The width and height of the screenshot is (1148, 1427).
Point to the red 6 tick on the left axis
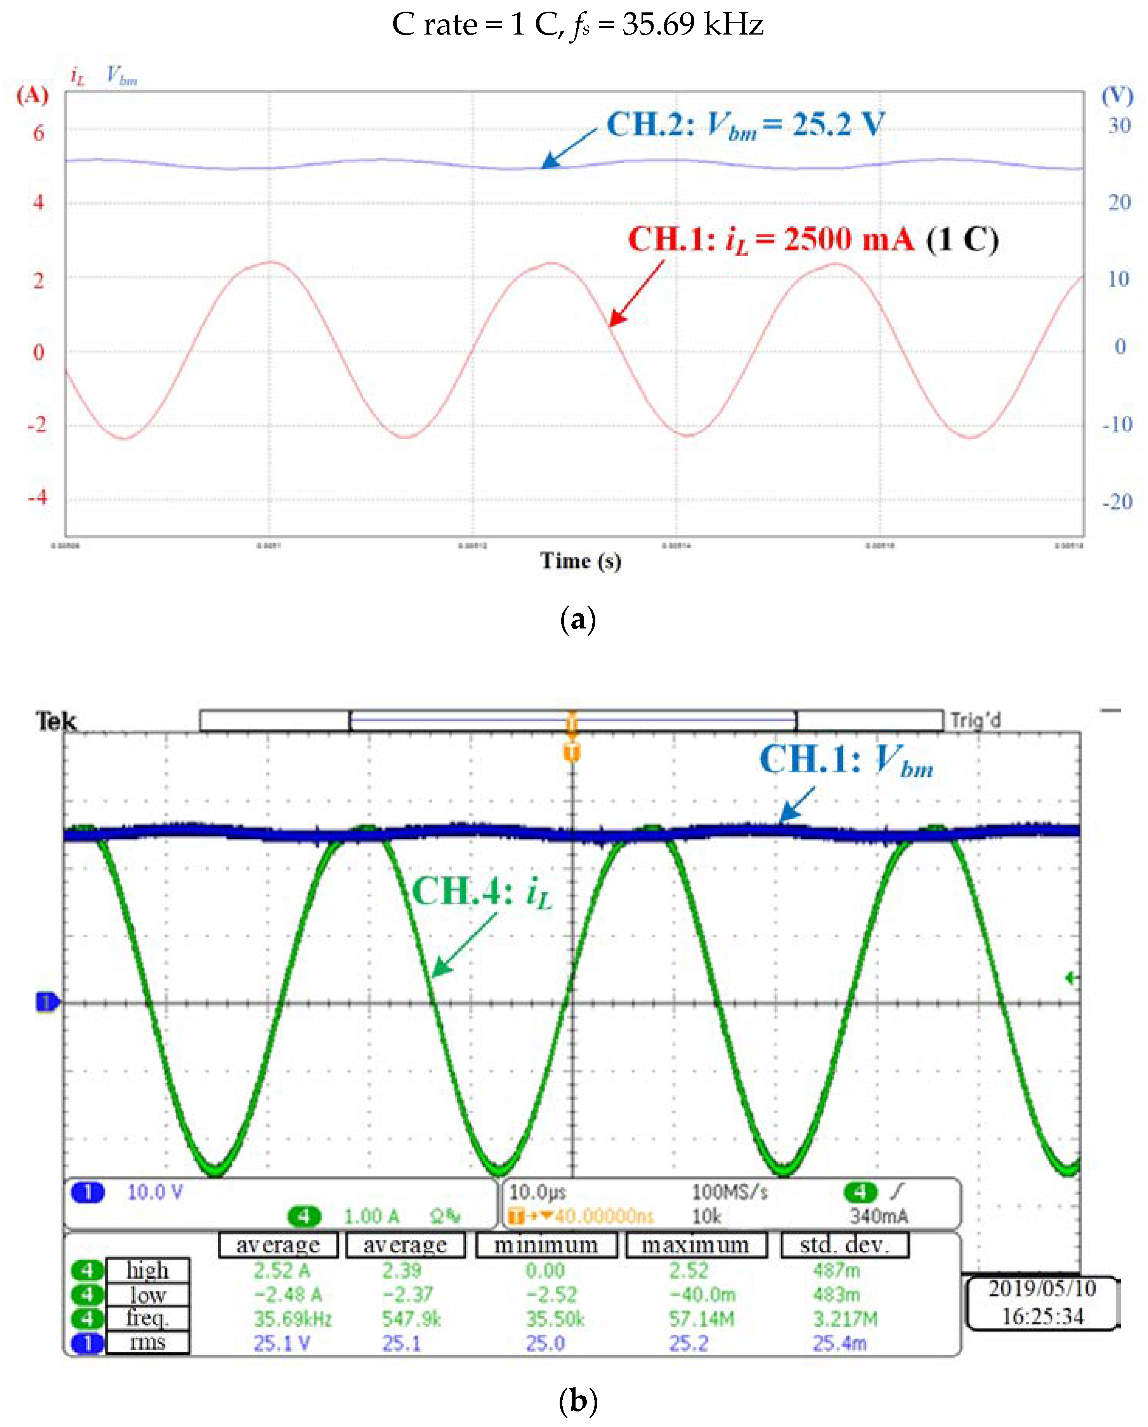pyautogui.click(x=38, y=133)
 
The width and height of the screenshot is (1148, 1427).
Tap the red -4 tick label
pyautogui.click(x=38, y=496)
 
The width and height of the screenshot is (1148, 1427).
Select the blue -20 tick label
pyautogui.click(x=1117, y=502)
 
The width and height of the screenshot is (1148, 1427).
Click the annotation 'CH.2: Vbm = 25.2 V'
pyautogui.click(x=745, y=125)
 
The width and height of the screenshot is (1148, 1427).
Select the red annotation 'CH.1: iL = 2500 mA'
pyautogui.click(x=771, y=240)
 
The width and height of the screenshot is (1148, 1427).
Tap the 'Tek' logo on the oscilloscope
pyautogui.click(x=55, y=721)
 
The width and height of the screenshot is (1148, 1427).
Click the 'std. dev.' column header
pyautogui.click(x=844, y=1245)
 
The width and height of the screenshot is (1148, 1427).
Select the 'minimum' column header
pyautogui.click(x=546, y=1245)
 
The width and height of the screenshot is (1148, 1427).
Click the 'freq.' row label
pyautogui.click(x=147, y=1318)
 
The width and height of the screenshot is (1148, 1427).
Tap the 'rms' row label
pyautogui.click(x=147, y=1342)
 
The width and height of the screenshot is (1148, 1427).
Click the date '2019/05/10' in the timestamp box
pyautogui.click(x=1042, y=1288)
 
